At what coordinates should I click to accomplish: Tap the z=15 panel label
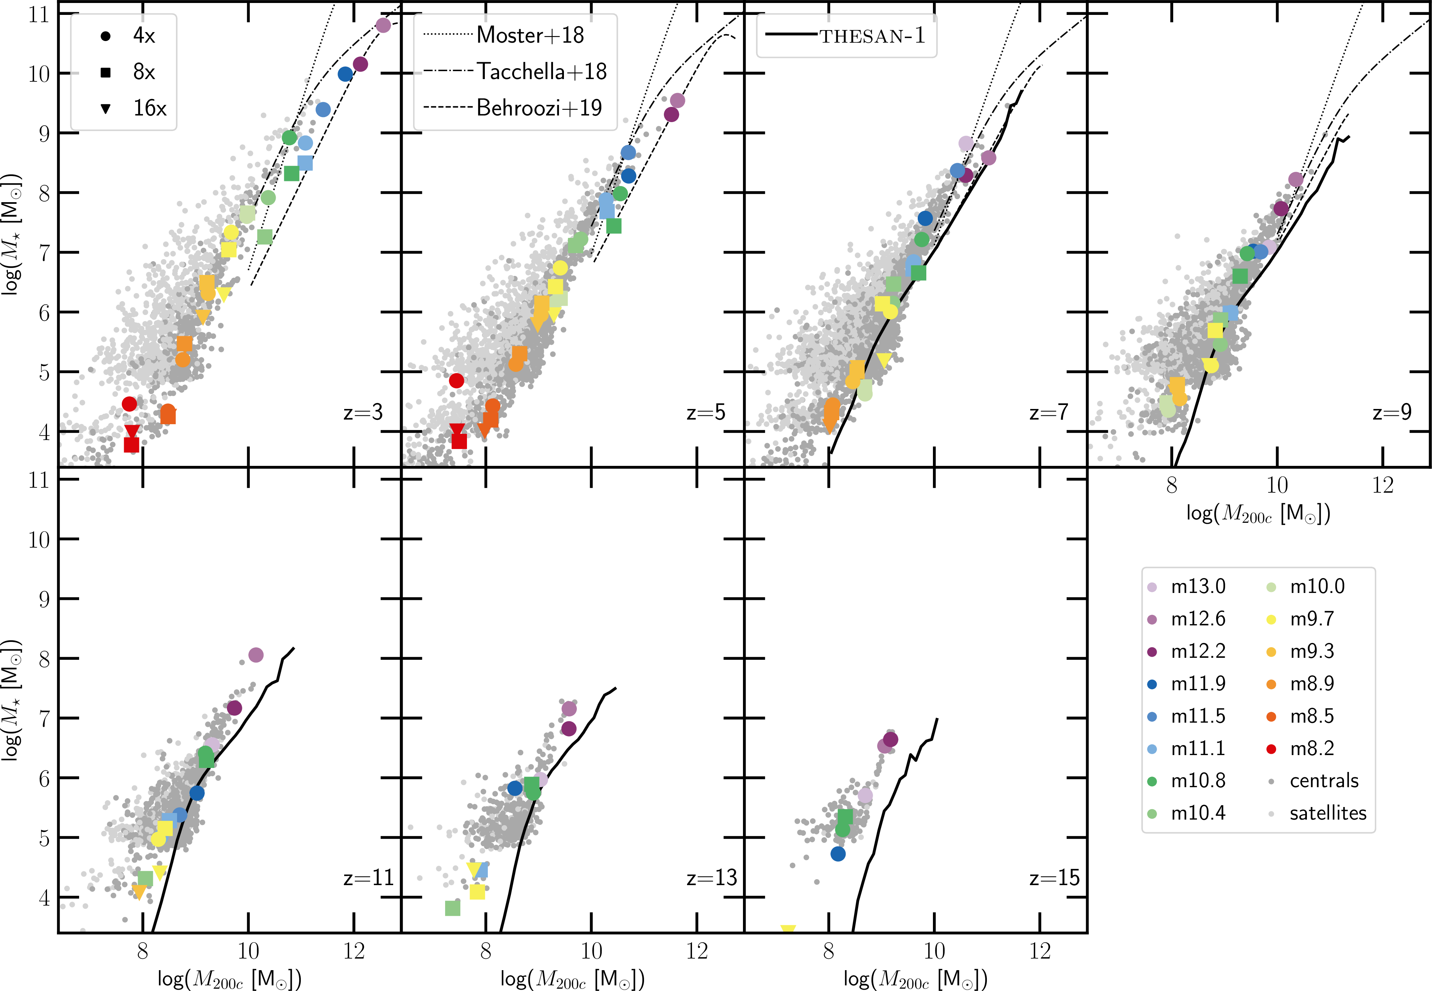(x=1054, y=878)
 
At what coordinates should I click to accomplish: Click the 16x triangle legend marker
(x=106, y=109)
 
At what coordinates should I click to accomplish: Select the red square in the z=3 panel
(x=131, y=445)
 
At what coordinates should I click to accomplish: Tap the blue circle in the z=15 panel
(x=838, y=854)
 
